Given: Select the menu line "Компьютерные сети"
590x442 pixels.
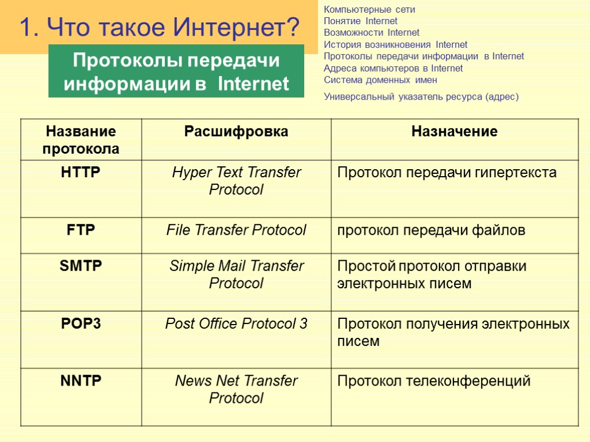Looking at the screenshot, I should tap(369, 9).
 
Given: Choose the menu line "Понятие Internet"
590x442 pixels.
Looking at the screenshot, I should tap(361, 21).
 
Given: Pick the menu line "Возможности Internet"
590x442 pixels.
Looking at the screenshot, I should tap(372, 32).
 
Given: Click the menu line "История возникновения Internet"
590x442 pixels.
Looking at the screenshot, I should tap(396, 44).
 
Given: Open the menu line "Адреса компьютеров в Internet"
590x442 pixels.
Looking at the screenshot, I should tap(394, 68).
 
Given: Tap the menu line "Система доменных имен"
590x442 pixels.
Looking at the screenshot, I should tap(380, 80).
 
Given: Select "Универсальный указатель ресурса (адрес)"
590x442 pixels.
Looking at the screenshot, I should tap(421, 97).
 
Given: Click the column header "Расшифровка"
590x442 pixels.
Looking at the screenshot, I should tap(236, 132).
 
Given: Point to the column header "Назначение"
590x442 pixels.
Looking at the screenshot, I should tap(455, 132).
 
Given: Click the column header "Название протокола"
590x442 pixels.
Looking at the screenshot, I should tap(81, 140).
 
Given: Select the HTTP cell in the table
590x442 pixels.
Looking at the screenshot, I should tap(81, 172).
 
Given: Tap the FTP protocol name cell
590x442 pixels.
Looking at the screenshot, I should tap(81, 230).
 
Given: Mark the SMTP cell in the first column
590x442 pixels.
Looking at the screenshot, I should tap(81, 266).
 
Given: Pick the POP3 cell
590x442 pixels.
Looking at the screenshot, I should tap(81, 323).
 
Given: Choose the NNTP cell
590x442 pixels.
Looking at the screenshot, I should tap(81, 380).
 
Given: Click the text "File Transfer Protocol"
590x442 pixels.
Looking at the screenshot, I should tap(236, 230).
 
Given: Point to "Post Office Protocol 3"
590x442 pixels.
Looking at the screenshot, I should tap(236, 324).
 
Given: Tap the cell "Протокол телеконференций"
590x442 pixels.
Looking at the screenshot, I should tap(434, 381).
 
